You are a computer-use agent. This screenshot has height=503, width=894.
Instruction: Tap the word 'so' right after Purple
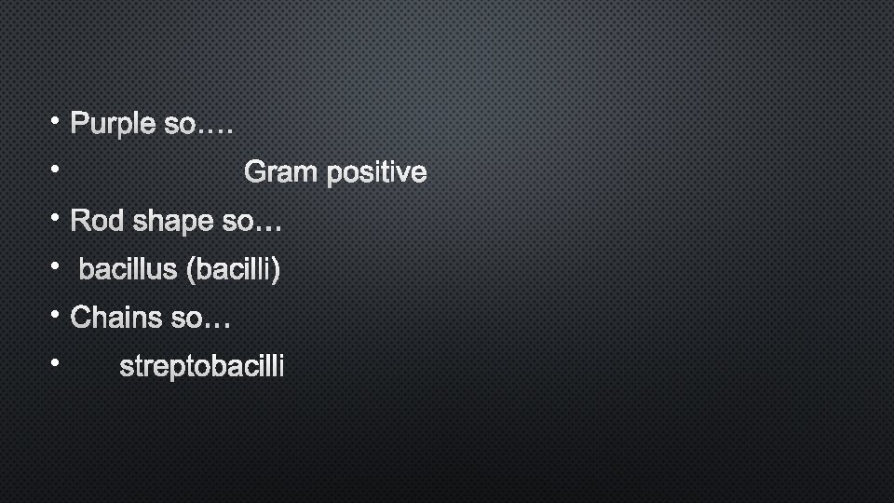[x=179, y=124]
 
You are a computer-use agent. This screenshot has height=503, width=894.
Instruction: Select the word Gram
[x=280, y=172]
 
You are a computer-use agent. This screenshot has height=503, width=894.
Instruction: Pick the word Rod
[x=98, y=222]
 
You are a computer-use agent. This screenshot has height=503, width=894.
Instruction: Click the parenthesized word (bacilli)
[x=233, y=270]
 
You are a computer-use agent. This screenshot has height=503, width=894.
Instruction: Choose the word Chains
[x=117, y=319]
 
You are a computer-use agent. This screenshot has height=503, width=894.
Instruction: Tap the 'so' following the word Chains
[x=186, y=319]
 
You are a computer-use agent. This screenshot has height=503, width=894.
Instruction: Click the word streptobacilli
[x=202, y=368]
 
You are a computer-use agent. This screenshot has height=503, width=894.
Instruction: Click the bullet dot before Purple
[x=56, y=120]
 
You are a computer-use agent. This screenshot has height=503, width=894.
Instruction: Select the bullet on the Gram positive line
[x=56, y=169]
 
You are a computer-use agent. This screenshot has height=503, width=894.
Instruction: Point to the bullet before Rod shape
[x=56, y=218]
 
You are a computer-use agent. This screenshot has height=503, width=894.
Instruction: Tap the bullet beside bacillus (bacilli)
[x=56, y=266]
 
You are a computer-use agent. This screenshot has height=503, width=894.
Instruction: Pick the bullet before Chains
[x=56, y=315]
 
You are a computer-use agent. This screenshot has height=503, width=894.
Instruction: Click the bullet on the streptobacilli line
[x=56, y=363]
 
